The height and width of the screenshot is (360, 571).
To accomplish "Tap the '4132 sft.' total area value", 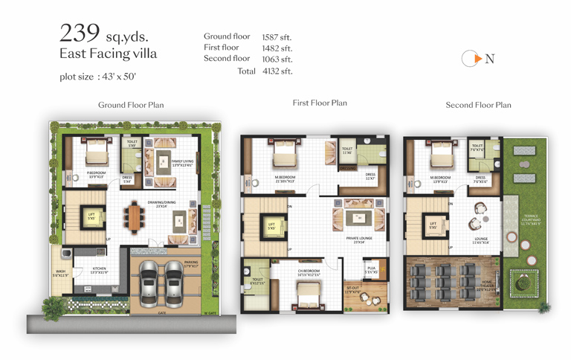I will click(x=277, y=71).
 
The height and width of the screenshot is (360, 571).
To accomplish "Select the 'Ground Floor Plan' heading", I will click(x=131, y=105).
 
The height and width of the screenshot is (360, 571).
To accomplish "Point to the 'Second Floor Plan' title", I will click(x=478, y=105).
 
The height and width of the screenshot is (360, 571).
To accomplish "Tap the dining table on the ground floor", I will click(x=134, y=216).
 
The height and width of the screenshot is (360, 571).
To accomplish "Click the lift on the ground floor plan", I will click(x=92, y=218).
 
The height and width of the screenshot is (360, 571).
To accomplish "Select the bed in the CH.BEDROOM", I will click(x=308, y=296).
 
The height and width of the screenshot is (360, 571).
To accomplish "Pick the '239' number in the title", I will click(x=80, y=33).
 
